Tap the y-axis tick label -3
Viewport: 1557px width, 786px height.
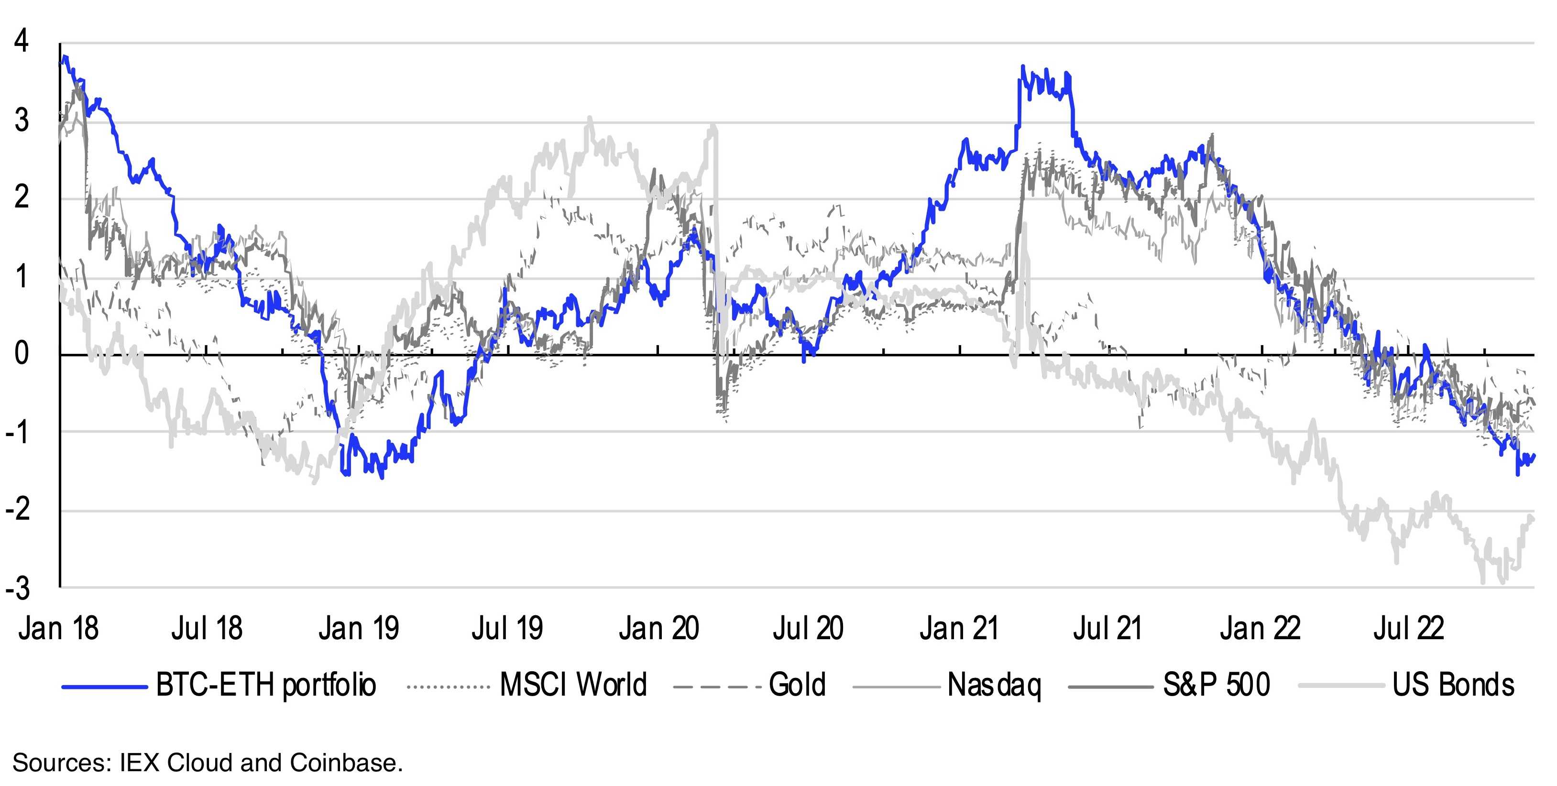[18, 588]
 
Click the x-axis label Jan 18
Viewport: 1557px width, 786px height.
[59, 628]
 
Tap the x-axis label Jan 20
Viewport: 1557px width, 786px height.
[659, 628]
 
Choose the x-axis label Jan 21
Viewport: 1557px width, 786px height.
[959, 628]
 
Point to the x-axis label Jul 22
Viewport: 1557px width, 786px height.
[1409, 628]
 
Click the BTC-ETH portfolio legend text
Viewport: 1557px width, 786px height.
[266, 685]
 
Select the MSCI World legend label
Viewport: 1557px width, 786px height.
[573, 685]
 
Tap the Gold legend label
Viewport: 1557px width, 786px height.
[797, 685]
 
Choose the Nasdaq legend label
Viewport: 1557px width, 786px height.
[994, 685]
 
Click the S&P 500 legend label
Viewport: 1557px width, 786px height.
[1216, 685]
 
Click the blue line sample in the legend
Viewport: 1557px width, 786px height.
[105, 686]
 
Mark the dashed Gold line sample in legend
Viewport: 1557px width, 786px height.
[717, 686]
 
